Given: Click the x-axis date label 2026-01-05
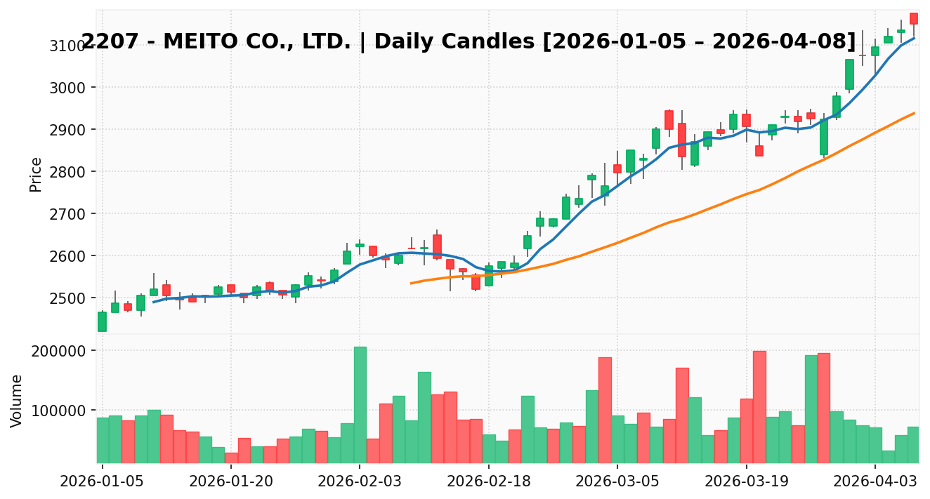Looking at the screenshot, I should (102, 481).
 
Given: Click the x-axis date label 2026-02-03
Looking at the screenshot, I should (360, 481).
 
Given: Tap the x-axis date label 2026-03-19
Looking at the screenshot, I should (746, 481).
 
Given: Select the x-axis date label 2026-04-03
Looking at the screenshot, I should (875, 481).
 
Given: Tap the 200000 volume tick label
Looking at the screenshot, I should (63, 351).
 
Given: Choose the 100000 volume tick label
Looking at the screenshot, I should (63, 411).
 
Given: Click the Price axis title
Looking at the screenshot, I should (36, 174).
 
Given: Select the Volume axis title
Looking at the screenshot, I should (17, 400).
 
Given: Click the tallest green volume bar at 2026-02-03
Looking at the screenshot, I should (360, 405).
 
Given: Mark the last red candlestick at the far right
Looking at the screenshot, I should (914, 18).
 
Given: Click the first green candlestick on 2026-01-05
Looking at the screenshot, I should (102, 321).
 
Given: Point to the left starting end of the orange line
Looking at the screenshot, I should (412, 284).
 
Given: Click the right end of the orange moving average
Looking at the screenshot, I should (914, 113).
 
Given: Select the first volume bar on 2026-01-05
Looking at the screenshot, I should (102, 440).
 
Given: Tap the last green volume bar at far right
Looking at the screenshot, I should (913, 445).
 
